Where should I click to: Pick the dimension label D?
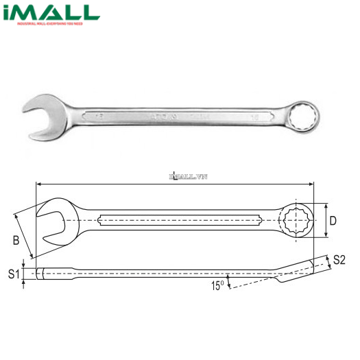333,221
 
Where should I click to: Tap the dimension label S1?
12,274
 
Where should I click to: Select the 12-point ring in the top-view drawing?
297,219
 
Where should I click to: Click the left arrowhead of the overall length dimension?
40,183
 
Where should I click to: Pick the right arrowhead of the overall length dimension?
313,183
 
